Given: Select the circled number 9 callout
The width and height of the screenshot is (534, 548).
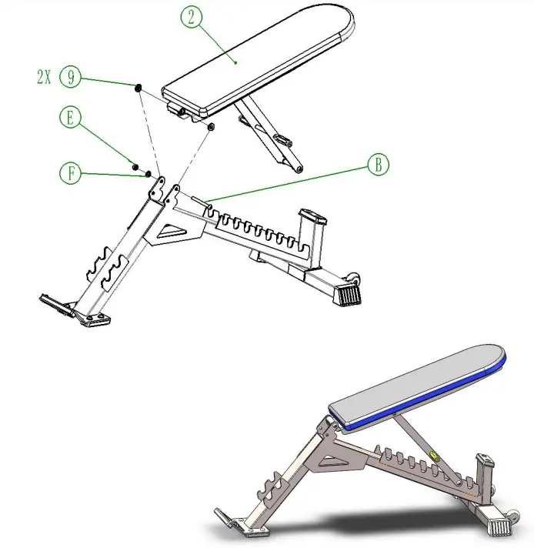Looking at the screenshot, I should point(70,77).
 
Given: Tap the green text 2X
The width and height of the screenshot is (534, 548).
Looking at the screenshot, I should point(45,77).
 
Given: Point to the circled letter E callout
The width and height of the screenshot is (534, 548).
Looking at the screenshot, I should point(70,118).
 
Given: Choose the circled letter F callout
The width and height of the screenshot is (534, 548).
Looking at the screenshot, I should point(70,174).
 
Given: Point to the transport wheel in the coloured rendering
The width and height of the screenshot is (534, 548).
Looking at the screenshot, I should point(509,510).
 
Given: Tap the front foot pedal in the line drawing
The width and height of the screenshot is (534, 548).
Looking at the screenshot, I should point(54,302).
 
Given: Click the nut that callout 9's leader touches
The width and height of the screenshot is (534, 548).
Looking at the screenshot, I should point(139,89).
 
